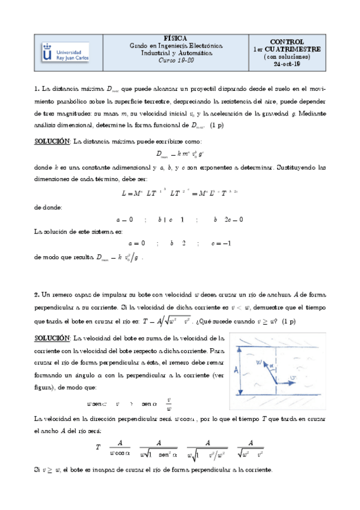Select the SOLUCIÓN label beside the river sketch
pos(52,338)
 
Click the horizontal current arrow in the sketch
pos(289,383)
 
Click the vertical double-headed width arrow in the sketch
pos(243,369)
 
